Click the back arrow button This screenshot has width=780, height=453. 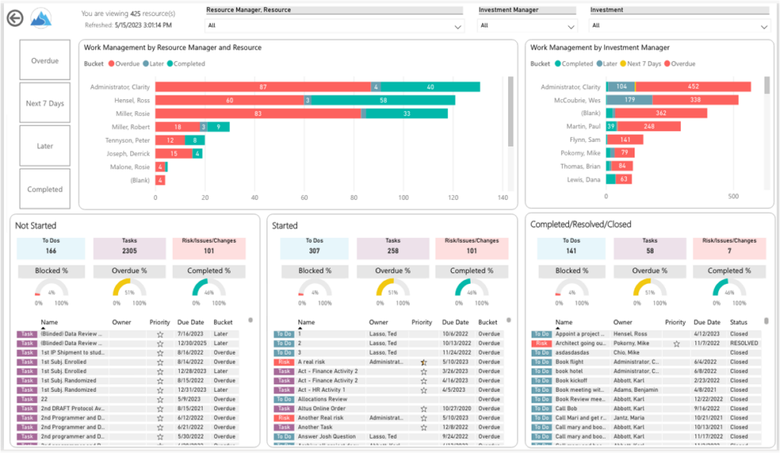[x=14, y=19]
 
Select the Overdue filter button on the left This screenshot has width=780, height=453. [x=45, y=60]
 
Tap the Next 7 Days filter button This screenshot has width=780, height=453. [x=45, y=103]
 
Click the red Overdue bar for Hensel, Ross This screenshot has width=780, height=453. [x=229, y=100]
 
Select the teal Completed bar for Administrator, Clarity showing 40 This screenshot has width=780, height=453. [x=430, y=87]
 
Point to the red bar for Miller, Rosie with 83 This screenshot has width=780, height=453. [x=257, y=114]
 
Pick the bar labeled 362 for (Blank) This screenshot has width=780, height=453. [x=660, y=113]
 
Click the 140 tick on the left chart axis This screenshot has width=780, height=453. [x=503, y=197]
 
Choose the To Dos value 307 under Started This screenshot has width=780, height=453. [x=315, y=250]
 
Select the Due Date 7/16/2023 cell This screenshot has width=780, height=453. [x=193, y=334]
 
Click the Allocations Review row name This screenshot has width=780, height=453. [x=322, y=399]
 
